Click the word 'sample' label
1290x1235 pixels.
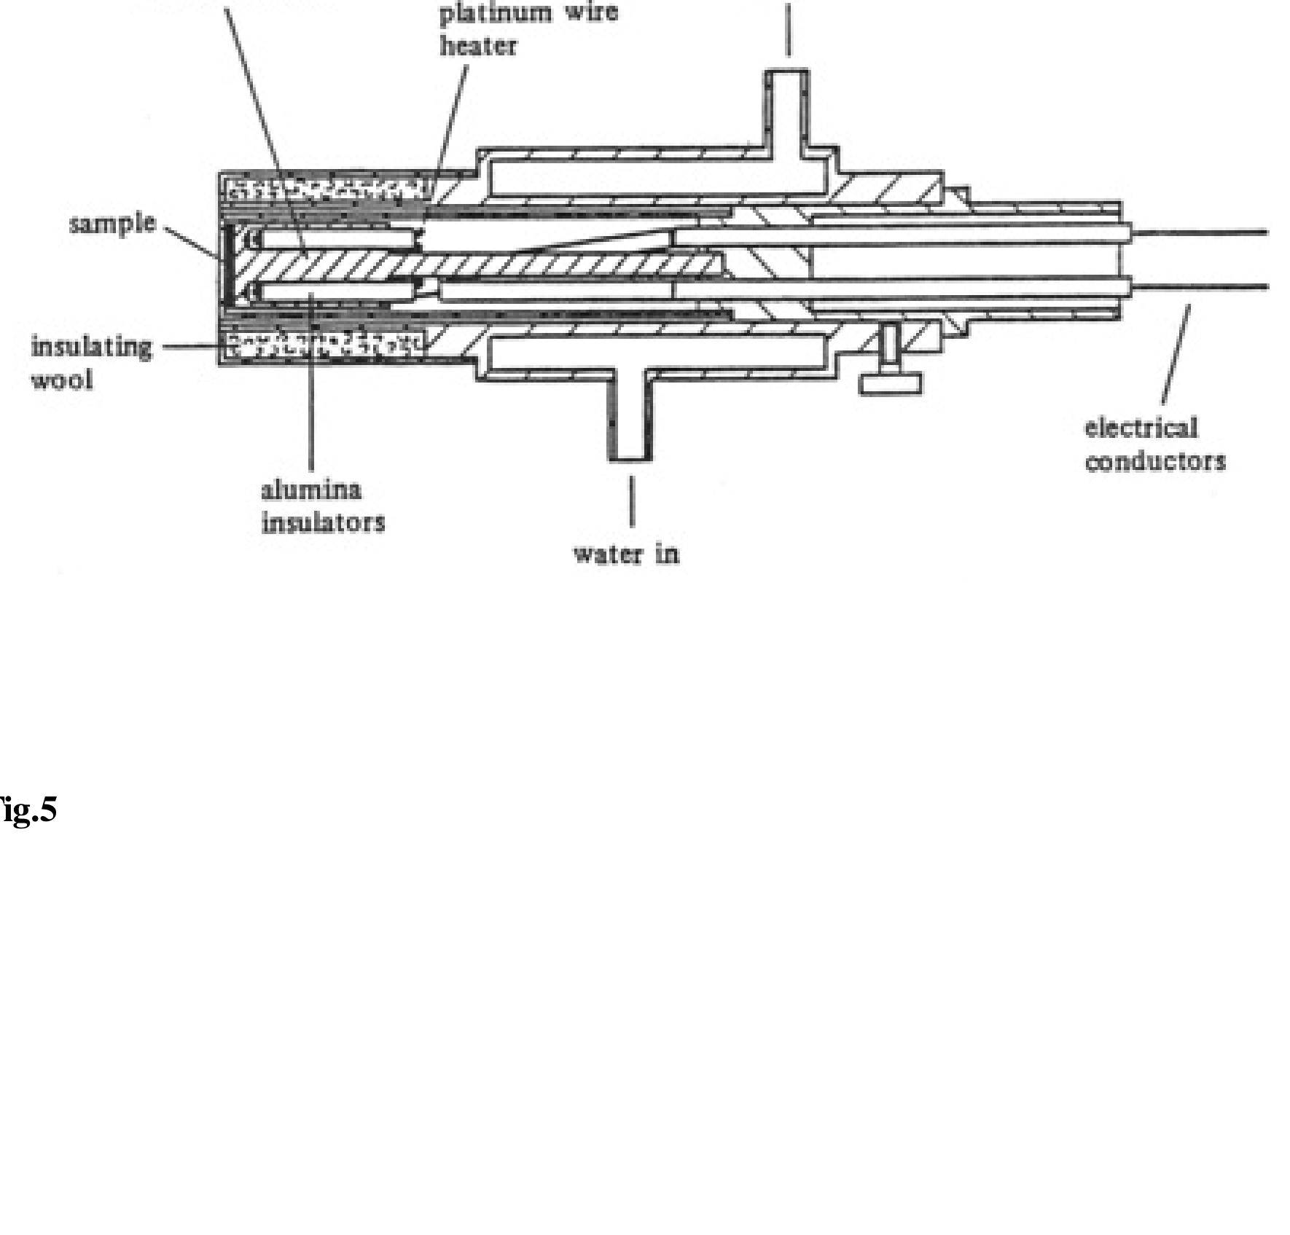pos(112,224)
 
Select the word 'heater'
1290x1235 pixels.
pos(478,47)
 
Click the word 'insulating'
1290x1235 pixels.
pos(92,348)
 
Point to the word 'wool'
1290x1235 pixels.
pos(62,380)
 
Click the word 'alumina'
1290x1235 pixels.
pos(311,490)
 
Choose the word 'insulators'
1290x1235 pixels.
pos(323,522)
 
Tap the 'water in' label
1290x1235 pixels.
pos(626,554)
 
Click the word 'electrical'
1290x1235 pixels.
pos(1141,428)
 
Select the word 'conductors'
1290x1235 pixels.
pos(1156,461)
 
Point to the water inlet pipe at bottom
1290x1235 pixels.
pos(630,423)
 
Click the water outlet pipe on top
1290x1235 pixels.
pos(786,102)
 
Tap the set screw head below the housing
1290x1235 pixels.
pos(890,383)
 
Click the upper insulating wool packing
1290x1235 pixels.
pos(328,189)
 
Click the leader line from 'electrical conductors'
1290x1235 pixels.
pos(1176,354)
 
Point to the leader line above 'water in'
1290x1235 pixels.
pos(631,501)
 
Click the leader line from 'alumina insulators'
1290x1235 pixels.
pos(311,386)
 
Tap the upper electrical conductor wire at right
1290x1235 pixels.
pos(1203,233)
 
